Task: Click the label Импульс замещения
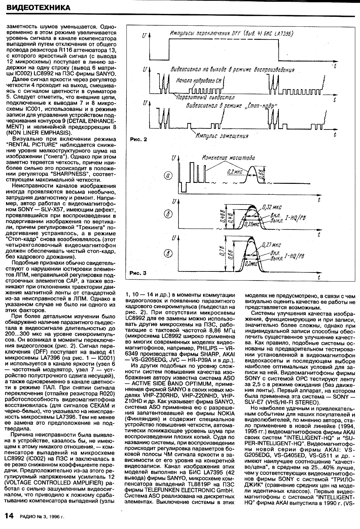[x=222, y=136]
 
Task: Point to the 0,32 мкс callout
[x=272, y=208]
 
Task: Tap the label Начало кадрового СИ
[x=199, y=81]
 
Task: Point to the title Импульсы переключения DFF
[x=231, y=34]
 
